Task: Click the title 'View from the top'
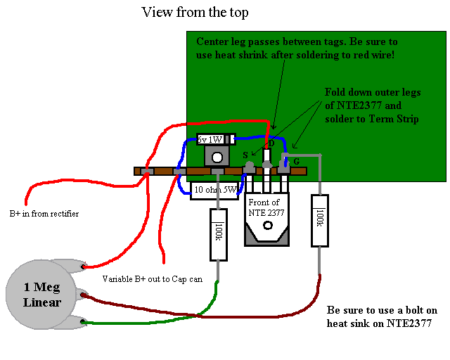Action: pos(195,12)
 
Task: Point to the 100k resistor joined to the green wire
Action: pos(218,232)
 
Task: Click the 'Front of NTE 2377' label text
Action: pos(266,207)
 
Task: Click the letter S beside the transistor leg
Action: pos(245,155)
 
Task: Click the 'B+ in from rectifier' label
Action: pos(44,214)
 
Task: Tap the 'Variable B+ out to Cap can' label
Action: pos(153,279)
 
